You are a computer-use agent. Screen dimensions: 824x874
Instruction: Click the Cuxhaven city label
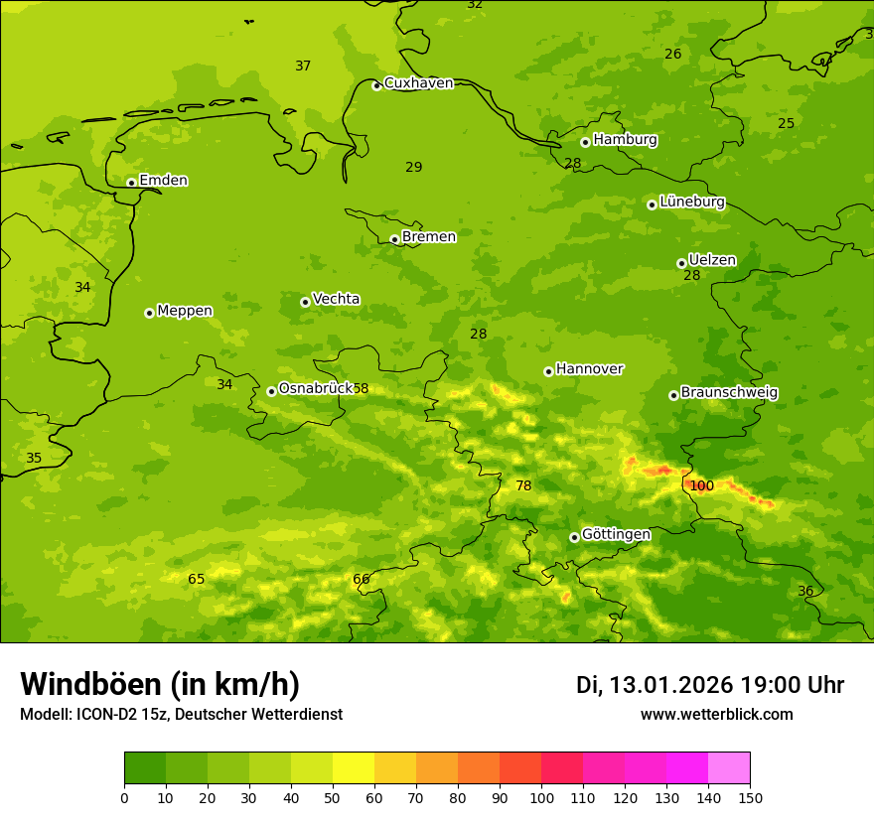coord(418,83)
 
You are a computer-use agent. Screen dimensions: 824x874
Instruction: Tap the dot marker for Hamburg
coord(586,142)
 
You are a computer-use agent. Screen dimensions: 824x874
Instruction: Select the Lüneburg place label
coord(691,202)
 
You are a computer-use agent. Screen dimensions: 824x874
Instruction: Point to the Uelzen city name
coord(712,260)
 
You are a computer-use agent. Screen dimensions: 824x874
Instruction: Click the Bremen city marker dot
coord(394,239)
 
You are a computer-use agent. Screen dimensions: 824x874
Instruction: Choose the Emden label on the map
coord(163,181)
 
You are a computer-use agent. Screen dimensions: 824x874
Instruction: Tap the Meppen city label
coord(184,311)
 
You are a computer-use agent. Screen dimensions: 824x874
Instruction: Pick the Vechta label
coord(336,299)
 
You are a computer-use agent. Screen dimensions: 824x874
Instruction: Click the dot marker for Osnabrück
coord(271,391)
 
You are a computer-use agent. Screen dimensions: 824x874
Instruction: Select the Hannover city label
coord(589,369)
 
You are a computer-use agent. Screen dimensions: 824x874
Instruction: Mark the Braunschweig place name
coord(729,393)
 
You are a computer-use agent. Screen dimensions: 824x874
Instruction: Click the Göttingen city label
coord(616,535)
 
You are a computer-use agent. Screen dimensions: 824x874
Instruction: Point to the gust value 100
coord(701,485)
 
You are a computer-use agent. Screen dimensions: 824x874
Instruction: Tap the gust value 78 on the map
coord(523,485)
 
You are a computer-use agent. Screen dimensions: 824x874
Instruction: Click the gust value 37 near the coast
coord(303,67)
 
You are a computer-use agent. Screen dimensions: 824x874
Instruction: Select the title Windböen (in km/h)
coord(160,684)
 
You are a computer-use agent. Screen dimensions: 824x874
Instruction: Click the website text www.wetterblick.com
coord(716,714)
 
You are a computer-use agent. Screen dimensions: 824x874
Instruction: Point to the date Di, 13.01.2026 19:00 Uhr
coord(710,685)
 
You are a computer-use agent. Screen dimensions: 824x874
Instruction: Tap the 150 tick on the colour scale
coord(750,797)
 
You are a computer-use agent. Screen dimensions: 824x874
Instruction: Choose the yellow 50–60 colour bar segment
coord(354,768)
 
